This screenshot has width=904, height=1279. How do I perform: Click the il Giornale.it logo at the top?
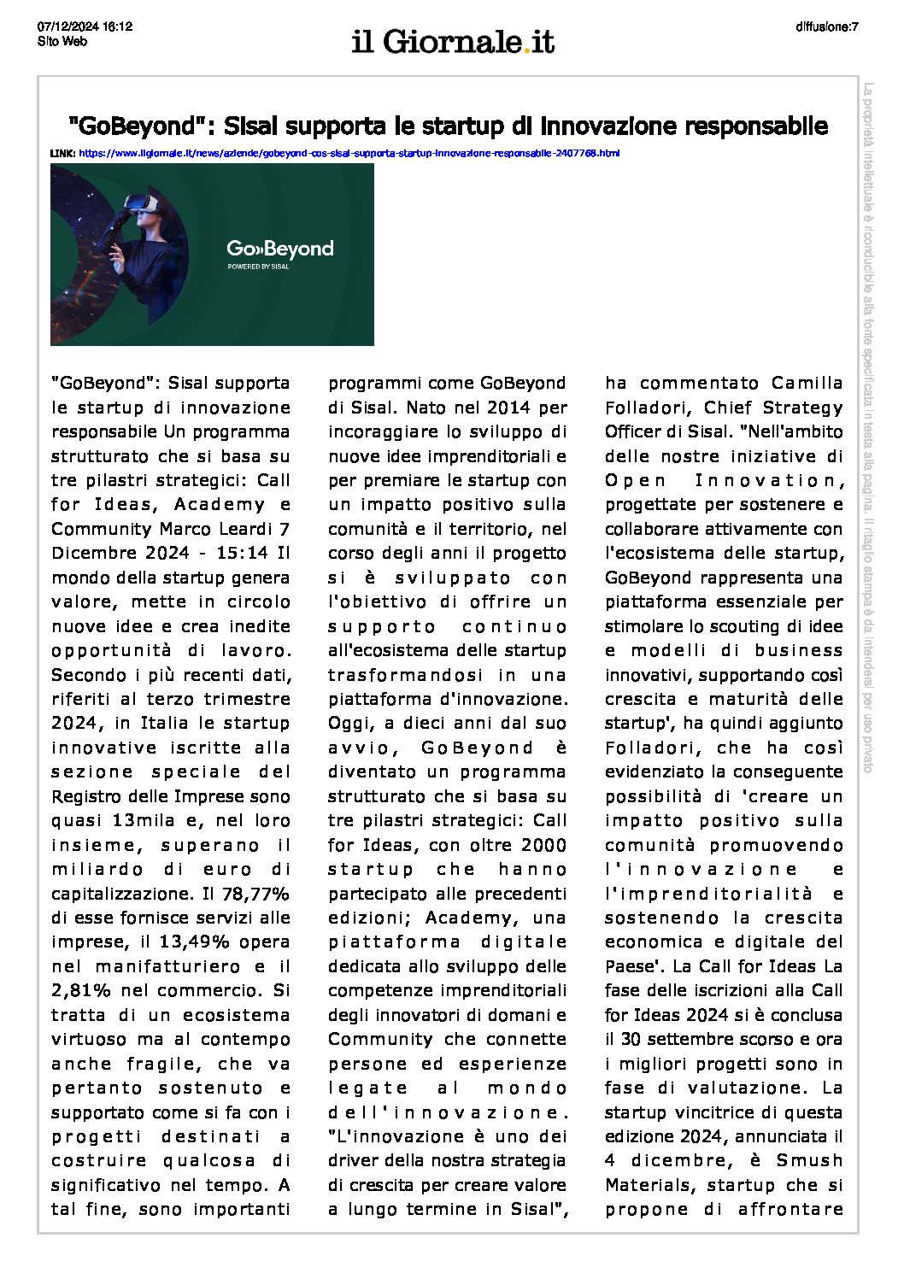pos(453,41)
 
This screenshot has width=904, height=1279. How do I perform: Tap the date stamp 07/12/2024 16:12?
pos(85,26)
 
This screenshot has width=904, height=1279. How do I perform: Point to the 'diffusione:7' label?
pos(826,26)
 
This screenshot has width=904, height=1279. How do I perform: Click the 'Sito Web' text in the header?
pos(62,40)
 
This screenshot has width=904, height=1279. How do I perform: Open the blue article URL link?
pos(349,153)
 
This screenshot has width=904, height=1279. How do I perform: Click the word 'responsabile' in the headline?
pos(761,126)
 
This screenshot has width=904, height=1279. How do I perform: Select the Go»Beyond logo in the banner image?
pos(279,249)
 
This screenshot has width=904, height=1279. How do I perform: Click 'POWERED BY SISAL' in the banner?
pos(258,267)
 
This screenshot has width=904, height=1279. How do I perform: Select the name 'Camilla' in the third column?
pos(807,383)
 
